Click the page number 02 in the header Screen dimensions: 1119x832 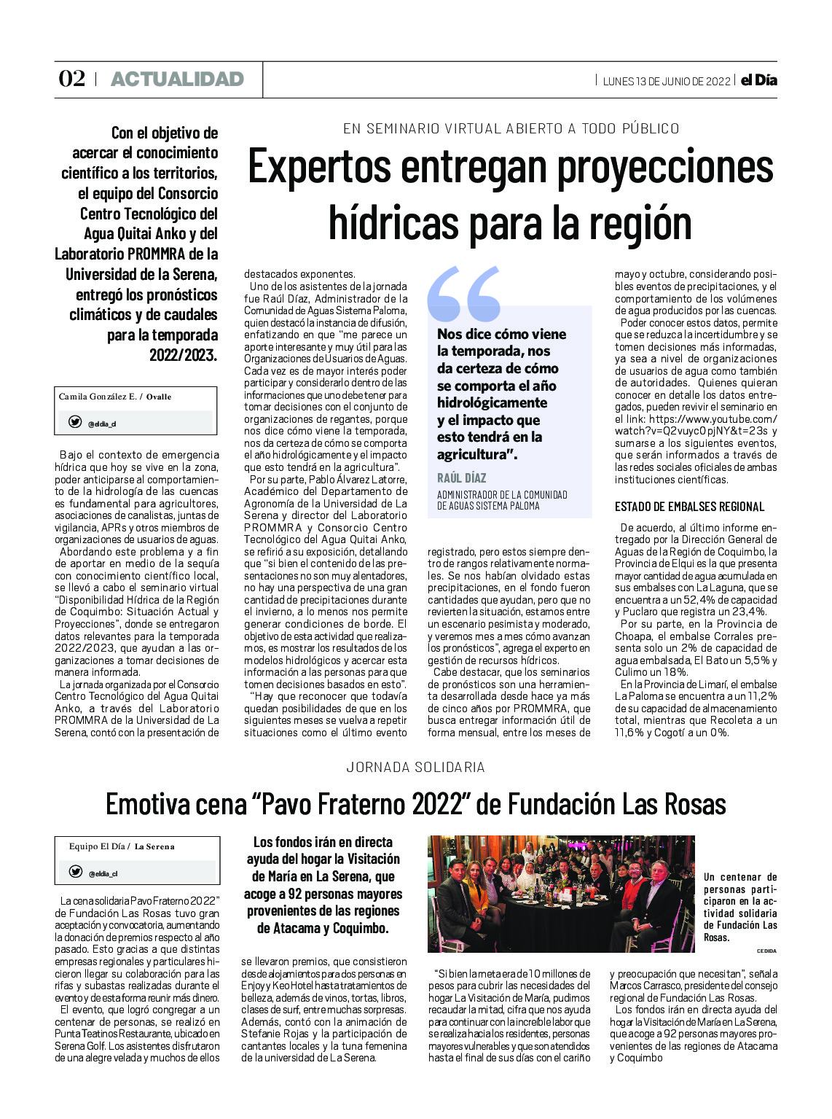pos(71,79)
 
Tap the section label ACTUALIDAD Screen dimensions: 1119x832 pos(177,79)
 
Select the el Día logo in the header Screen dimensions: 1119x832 pos(758,80)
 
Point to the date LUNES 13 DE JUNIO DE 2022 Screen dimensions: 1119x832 pos(666,81)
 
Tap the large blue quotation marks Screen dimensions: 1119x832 pos(464,294)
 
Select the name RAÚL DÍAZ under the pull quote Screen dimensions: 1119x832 pos(461,478)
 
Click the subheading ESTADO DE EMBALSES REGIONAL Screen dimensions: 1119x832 pos(689,507)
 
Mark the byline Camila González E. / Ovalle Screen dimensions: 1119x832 pos(115,397)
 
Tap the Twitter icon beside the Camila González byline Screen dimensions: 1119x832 pos(75,422)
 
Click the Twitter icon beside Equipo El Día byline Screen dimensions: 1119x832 pos(75,872)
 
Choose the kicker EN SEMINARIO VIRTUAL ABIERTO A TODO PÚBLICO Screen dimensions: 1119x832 pos(511,129)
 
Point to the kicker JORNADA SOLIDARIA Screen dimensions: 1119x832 pos(415,767)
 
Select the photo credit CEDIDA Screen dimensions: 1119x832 pos(766,951)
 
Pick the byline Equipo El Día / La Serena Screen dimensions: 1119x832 pos(122,846)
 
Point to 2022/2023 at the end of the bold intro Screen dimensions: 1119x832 pos(183,355)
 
